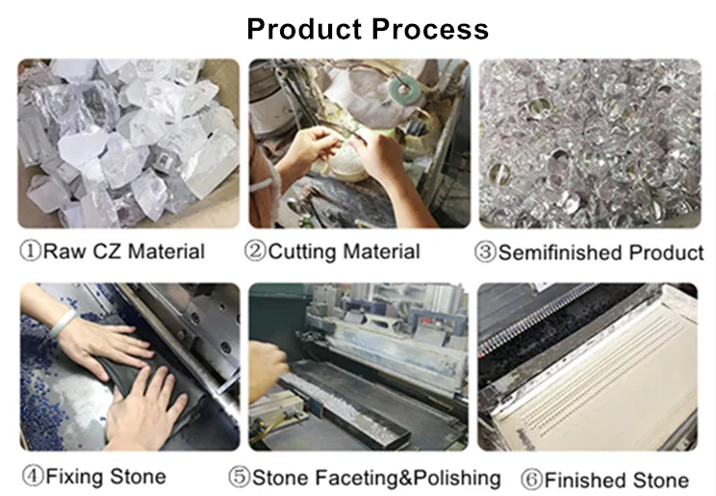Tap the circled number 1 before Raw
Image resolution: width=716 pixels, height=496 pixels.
[30, 252]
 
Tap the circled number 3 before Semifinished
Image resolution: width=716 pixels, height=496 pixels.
[486, 253]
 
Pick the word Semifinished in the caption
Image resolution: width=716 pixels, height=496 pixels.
[560, 253]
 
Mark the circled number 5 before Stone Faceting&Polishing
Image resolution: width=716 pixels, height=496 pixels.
[239, 478]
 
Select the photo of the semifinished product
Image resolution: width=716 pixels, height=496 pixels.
[589, 144]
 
